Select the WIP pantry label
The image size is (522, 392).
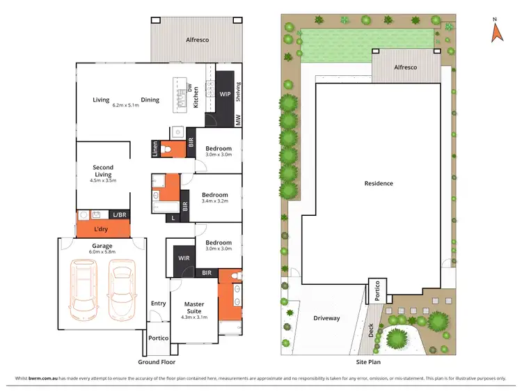pos(225,93)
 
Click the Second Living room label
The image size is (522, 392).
pos(103,171)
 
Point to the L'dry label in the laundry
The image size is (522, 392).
pos(101,228)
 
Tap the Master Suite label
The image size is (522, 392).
pos(194,307)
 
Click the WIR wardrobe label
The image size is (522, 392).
pos(184,258)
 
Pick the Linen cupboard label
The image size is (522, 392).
pos(155,149)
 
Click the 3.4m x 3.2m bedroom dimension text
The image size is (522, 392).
pos(214,201)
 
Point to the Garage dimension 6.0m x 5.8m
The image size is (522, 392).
pos(103,251)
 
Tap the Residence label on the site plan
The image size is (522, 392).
pos(379,184)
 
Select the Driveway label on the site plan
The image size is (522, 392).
pos(326,318)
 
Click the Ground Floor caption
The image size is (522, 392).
pos(157,362)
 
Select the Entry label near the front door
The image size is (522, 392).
pos(159,303)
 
